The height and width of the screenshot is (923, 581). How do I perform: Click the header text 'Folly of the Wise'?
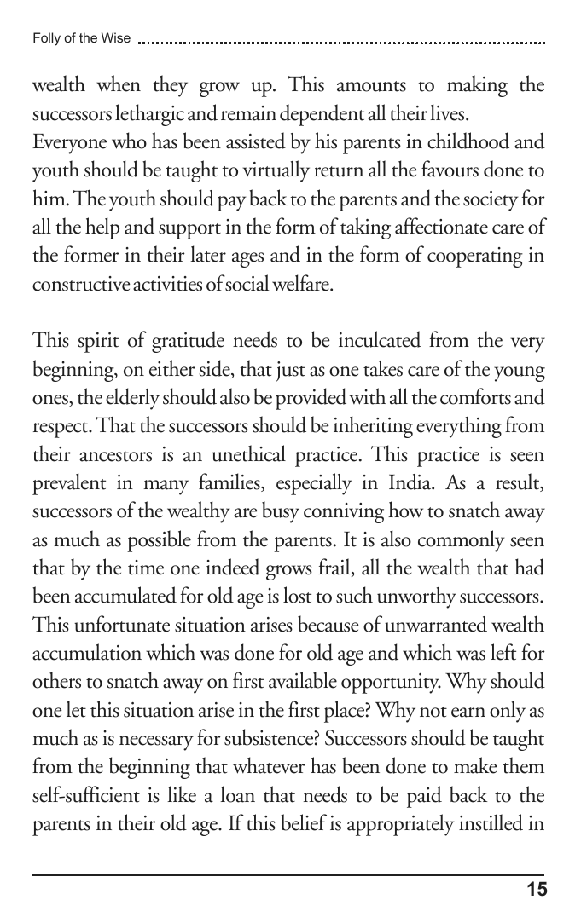(x=81, y=38)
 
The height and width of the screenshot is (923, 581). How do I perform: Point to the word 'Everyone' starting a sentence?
(x=67, y=142)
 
